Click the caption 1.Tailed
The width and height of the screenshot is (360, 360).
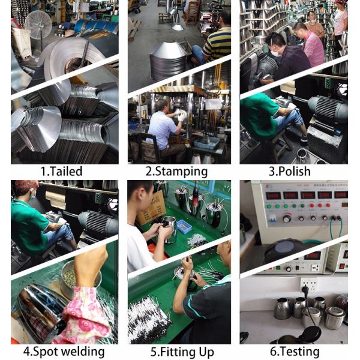[x=62, y=172]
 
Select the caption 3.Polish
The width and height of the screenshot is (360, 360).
[x=290, y=172]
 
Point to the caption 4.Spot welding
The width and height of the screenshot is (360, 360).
[x=64, y=352]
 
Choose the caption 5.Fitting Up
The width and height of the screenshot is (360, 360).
[x=182, y=352]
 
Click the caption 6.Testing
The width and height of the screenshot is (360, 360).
[x=295, y=352]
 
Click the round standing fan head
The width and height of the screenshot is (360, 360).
[x=38, y=25]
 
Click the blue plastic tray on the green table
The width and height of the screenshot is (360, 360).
[x=184, y=227]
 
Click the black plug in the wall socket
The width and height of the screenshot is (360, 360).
[x=306, y=289]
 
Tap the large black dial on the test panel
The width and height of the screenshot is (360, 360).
[x=287, y=218]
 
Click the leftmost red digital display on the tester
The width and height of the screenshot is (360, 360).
[x=273, y=196]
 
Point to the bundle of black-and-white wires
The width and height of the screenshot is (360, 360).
[x=149, y=317]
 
